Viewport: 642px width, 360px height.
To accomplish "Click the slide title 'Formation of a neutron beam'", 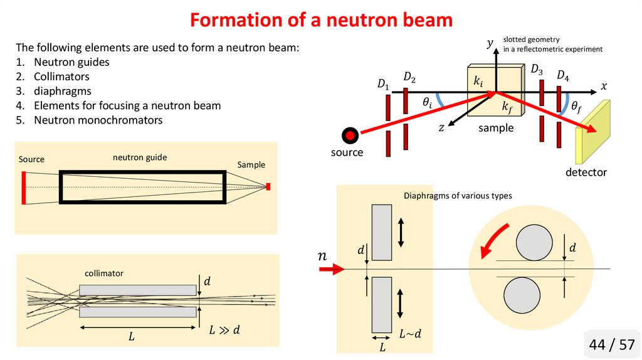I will pyautogui.click(x=321, y=20).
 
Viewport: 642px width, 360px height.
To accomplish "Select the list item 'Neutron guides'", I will pyautogui.click(x=71, y=62).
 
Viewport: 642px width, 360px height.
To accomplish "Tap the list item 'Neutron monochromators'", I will pyautogui.click(x=98, y=120).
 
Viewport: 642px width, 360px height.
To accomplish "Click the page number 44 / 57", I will pyautogui.click(x=611, y=344).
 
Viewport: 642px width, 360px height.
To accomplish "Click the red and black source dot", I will pyautogui.click(x=350, y=134).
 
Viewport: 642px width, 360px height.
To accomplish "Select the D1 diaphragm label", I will pyautogui.click(x=383, y=84).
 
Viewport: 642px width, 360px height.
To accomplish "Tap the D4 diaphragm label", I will pyautogui.click(x=563, y=77).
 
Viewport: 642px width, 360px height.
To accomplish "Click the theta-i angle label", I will pyautogui.click(x=427, y=102).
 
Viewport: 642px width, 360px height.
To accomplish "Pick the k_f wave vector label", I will pyautogui.click(x=508, y=107).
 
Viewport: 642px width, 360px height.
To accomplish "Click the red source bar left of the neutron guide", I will pyautogui.click(x=23, y=187).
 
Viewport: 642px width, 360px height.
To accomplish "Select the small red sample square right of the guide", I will pyautogui.click(x=268, y=186).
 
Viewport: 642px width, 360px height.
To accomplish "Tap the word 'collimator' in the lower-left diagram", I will pyautogui.click(x=104, y=273).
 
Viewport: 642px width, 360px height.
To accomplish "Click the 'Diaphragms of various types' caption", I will pyautogui.click(x=458, y=196).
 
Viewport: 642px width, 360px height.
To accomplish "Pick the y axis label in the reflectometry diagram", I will pyautogui.click(x=490, y=43).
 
